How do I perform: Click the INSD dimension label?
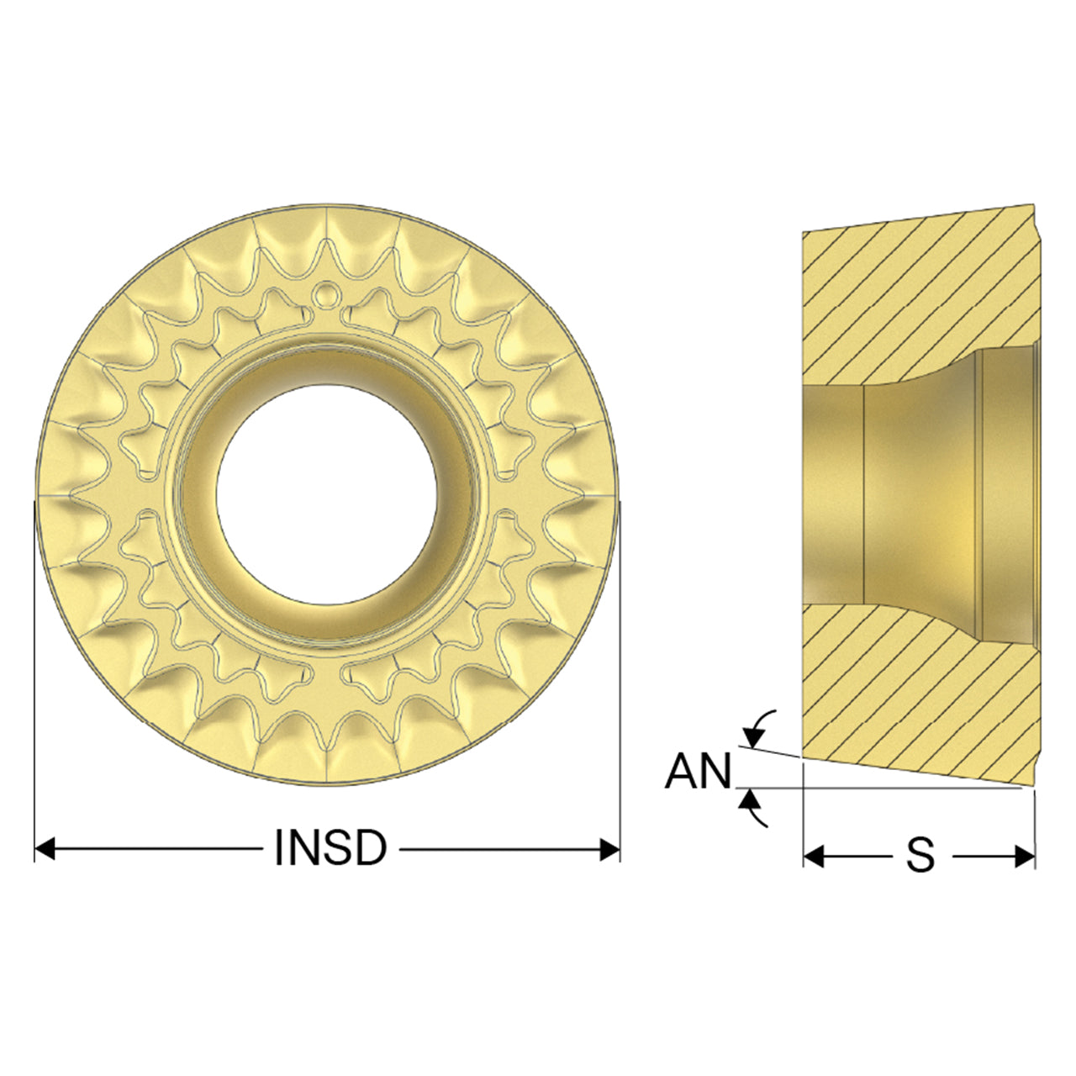point(330,848)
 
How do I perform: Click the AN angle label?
point(698,771)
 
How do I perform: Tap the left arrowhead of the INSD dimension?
point(44,849)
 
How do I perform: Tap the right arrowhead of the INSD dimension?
point(609,849)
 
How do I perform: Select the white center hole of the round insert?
point(327,495)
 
